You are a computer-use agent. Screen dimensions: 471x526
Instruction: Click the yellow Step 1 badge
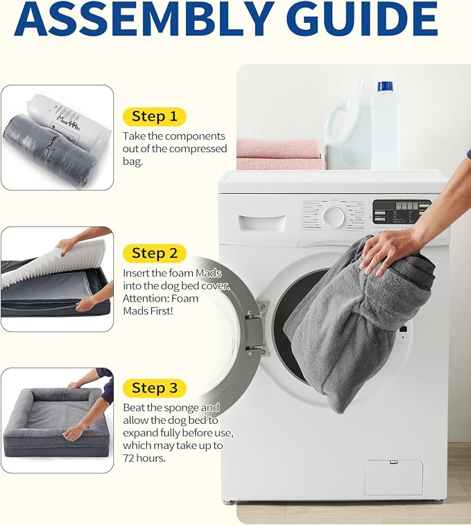155,117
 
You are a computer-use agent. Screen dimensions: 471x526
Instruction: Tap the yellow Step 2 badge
155,253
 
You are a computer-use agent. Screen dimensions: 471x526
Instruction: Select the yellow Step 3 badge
155,388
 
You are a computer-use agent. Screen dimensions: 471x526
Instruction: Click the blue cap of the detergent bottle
385,86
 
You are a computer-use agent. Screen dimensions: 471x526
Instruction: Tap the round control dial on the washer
334,217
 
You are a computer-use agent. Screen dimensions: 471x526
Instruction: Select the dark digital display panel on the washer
402,212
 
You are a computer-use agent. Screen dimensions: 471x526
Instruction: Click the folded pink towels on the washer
280,154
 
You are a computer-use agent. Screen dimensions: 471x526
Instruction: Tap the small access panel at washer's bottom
393,477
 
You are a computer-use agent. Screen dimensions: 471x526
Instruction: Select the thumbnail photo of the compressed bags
58,138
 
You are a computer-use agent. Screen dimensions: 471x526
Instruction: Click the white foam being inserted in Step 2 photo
50,265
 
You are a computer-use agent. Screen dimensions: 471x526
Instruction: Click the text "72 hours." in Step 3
144,458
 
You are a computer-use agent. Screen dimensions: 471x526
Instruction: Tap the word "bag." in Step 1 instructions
132,162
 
